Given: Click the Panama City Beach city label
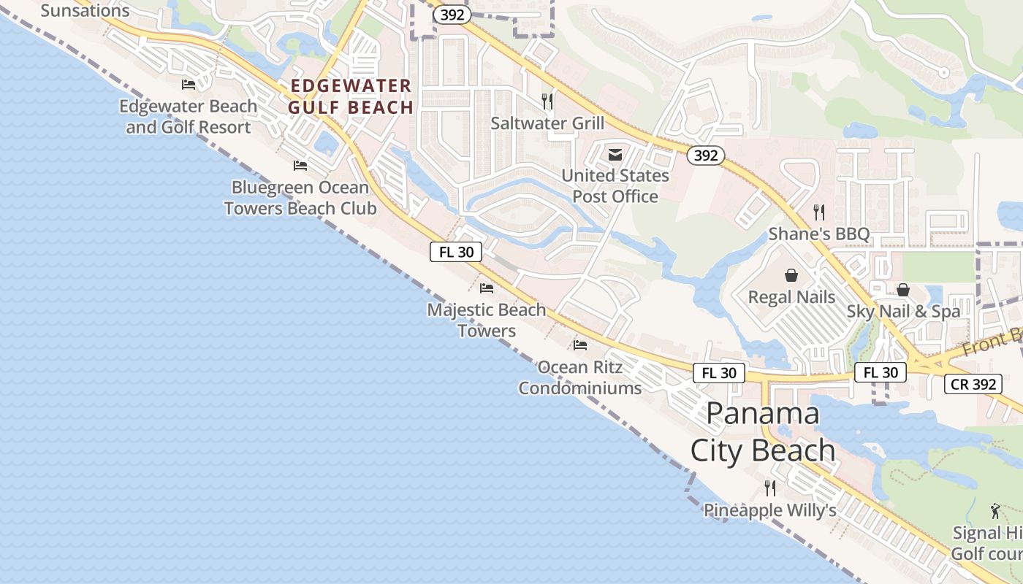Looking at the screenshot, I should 763,432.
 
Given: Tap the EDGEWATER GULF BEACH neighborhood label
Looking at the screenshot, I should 351,97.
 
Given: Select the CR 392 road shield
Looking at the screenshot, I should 973,383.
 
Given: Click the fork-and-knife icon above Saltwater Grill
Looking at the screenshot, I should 547,101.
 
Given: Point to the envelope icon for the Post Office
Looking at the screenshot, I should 615,154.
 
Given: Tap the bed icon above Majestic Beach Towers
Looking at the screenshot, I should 487,288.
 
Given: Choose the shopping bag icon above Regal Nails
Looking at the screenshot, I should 791,275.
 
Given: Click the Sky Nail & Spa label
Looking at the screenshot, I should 903,312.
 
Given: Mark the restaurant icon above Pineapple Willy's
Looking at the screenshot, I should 770,488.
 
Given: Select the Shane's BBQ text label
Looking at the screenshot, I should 819,234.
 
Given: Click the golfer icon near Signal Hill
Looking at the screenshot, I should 995,510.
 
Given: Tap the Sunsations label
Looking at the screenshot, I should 85,10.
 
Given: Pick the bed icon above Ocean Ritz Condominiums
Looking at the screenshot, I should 580,345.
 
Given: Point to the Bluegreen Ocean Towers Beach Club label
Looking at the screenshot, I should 300,198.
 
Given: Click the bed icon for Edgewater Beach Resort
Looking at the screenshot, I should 189,84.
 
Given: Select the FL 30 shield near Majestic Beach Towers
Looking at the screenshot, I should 455,253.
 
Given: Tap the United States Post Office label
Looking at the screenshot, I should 615,186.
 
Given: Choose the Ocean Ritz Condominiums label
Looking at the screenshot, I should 580,377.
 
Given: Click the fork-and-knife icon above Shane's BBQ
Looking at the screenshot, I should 819,212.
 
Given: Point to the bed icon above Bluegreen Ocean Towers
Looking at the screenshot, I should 300,166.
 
